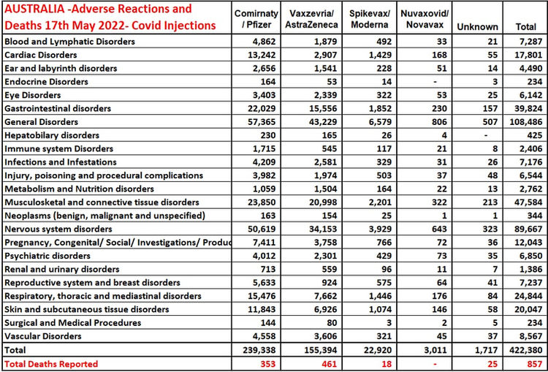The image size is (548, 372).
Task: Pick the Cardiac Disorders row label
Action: pyautogui.click(x=42, y=55)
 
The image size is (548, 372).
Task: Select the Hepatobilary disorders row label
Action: pyautogui.click(x=53, y=134)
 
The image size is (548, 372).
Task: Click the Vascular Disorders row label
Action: pyautogui.click(x=45, y=336)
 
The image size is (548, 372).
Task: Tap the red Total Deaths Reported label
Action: pyautogui.click(x=51, y=363)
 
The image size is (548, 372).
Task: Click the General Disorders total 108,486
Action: pyautogui.click(x=526, y=121)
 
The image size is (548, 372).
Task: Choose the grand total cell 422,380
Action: pyautogui.click(x=526, y=349)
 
